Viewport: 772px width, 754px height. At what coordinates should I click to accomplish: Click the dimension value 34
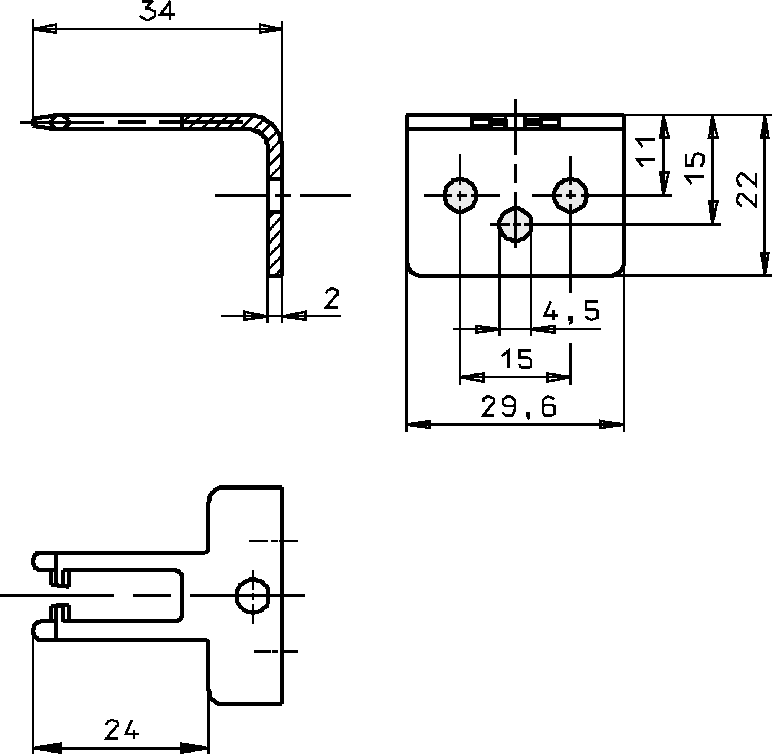[x=157, y=11]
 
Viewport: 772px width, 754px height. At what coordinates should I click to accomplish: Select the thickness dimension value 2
[x=331, y=299]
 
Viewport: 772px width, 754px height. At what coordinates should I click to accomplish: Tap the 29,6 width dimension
[x=519, y=407]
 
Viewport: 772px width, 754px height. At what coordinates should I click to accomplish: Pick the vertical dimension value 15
[x=695, y=168]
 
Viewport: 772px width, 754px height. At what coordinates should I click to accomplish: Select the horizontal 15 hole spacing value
[x=517, y=358]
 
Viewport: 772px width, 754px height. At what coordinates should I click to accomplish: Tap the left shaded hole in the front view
[x=460, y=195]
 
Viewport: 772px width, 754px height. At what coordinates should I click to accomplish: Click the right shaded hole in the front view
[x=571, y=195]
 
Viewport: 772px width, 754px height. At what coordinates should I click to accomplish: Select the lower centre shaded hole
[x=515, y=224]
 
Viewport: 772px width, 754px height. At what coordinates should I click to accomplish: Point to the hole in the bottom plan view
[x=253, y=595]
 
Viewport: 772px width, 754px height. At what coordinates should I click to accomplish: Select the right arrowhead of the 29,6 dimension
[x=613, y=425]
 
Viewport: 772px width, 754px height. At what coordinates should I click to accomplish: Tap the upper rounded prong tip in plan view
[x=36, y=562]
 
